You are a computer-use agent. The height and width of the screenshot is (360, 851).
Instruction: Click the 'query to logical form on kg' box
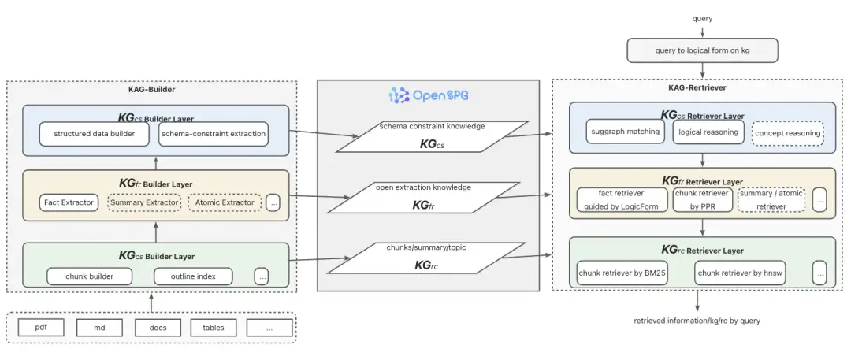[702, 51]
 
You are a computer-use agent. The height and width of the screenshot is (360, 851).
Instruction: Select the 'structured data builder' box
[95, 134]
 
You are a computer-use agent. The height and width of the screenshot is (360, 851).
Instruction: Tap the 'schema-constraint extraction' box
[214, 134]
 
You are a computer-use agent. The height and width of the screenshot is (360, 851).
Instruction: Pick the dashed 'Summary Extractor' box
[144, 202]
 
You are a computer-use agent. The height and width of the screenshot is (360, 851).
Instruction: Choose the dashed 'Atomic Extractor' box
[225, 202]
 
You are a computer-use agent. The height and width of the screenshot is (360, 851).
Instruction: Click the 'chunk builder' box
[90, 276]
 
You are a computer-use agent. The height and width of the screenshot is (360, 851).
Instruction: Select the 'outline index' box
[193, 276]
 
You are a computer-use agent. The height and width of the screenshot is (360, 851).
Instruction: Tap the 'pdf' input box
[41, 328]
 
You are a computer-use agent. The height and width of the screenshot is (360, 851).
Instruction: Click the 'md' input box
[99, 328]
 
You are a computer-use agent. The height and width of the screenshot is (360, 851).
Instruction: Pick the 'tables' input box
[214, 328]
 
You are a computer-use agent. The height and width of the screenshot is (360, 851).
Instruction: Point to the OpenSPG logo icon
[399, 95]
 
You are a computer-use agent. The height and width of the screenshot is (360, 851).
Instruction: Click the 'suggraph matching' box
[626, 132]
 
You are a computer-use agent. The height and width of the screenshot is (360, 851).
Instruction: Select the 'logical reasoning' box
[708, 132]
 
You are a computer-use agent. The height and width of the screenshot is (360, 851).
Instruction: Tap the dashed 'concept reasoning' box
[787, 133]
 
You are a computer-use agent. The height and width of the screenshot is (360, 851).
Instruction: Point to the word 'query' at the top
[702, 18]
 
